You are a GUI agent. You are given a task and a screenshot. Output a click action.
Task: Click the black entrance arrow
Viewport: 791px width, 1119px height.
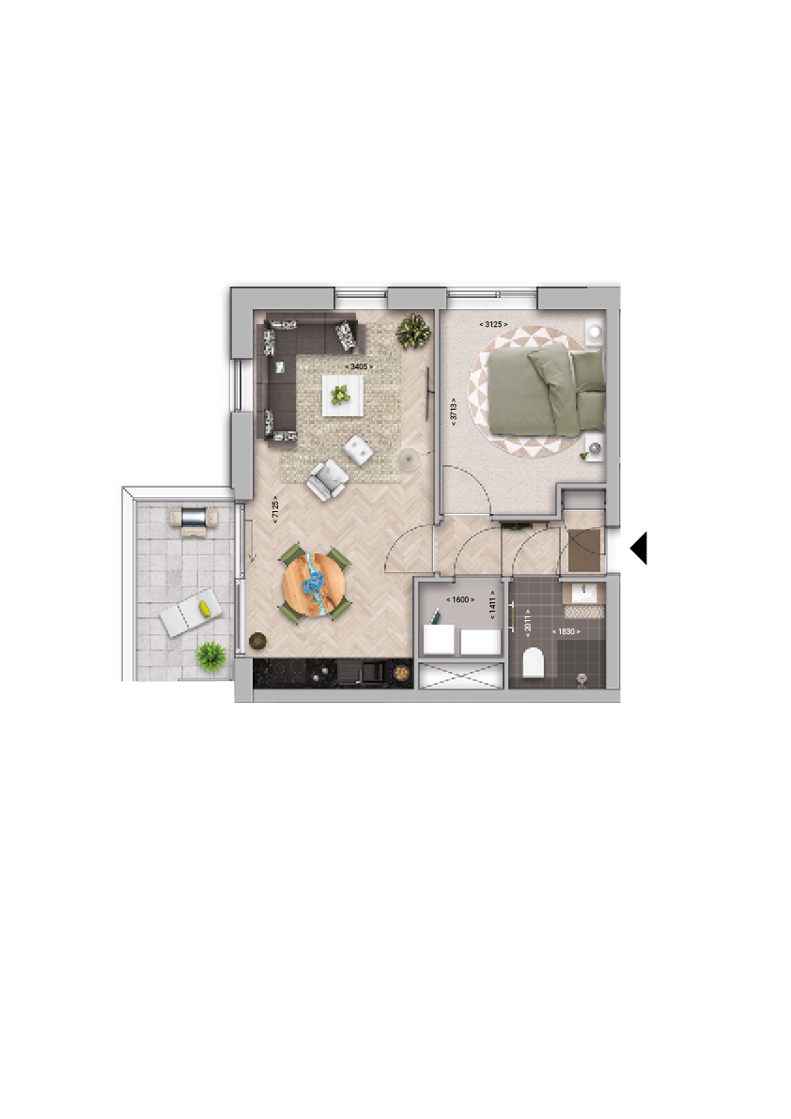click(639, 548)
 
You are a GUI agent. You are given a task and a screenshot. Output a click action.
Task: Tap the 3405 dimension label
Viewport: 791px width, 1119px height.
click(359, 366)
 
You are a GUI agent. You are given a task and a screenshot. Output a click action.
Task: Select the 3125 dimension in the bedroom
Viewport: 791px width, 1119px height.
click(493, 324)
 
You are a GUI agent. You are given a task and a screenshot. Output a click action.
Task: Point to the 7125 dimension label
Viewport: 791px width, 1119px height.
click(275, 512)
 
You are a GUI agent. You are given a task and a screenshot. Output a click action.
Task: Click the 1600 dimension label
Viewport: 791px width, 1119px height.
click(460, 599)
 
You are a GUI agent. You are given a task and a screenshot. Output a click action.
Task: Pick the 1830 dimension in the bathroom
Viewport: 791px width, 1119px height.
click(566, 631)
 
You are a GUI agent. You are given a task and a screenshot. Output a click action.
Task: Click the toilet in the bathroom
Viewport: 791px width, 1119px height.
click(534, 661)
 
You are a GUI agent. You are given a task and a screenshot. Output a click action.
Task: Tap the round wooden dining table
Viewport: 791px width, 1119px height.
click(314, 584)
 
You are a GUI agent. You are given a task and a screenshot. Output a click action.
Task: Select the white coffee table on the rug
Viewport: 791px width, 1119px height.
click(342, 395)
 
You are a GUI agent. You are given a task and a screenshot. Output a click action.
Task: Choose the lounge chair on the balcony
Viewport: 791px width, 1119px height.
click(191, 613)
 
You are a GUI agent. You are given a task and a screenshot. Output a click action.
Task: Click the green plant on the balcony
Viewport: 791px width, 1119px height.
click(210, 656)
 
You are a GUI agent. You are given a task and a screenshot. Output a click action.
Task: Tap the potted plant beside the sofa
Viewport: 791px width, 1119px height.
click(413, 331)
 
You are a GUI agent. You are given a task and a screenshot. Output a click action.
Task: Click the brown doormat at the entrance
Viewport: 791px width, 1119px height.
click(584, 551)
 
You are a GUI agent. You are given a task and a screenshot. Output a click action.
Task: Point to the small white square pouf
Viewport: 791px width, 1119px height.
click(358, 450)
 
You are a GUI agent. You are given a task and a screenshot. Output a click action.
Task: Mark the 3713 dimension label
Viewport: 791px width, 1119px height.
click(453, 412)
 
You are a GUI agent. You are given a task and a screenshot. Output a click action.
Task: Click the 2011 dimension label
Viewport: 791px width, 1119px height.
click(528, 622)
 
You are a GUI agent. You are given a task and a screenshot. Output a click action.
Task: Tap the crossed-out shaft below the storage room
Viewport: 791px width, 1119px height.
click(461, 676)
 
